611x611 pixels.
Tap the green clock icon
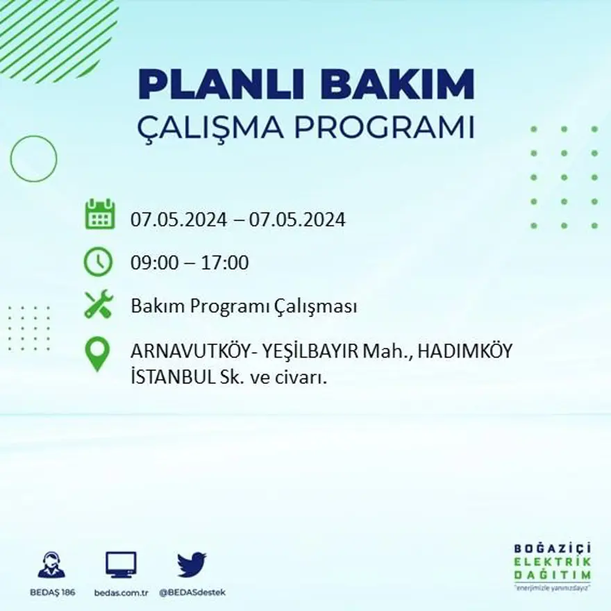pos(98,262)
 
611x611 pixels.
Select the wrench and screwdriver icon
pos(98,304)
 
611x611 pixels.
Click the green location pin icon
pos(97,353)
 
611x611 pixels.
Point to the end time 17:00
pos(225,263)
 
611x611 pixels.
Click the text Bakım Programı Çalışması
pos(244,306)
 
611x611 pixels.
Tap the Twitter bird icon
pos(192,564)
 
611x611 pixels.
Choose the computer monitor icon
pos(121,564)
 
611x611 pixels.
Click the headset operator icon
pos(51,565)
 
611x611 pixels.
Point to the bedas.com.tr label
pos(121,592)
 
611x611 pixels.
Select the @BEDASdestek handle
pos(192,592)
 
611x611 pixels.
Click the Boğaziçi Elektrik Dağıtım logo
pos(553,565)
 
